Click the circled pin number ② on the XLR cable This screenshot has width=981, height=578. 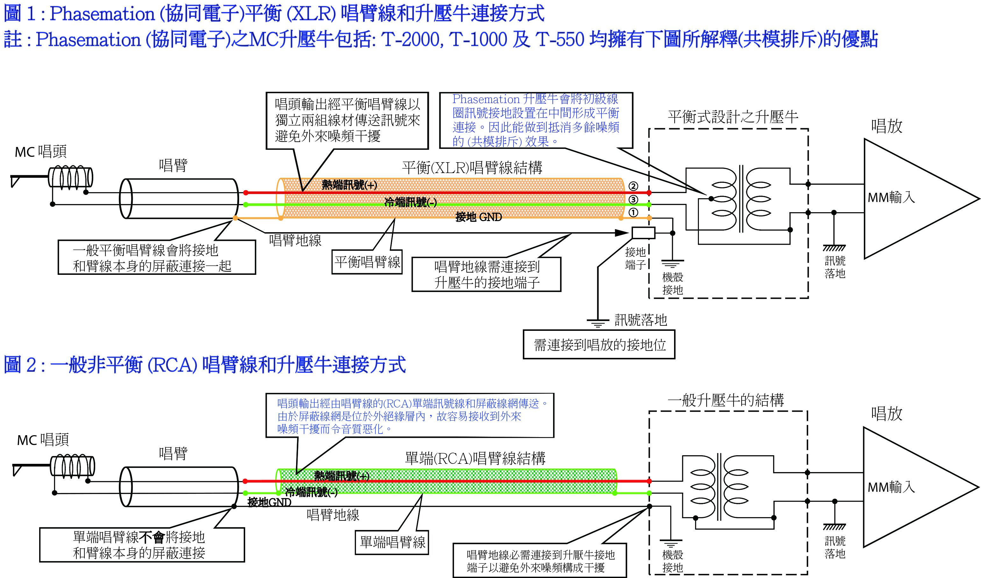coord(633,186)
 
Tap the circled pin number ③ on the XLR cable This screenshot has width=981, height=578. coord(633,200)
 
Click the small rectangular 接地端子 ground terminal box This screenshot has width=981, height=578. coord(643,233)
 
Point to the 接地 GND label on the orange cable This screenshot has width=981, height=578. coord(479,217)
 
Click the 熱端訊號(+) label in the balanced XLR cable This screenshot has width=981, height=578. coord(349,185)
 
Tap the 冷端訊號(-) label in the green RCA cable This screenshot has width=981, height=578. coord(311,492)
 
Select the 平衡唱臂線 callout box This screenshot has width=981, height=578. coord(367,262)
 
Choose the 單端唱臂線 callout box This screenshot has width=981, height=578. coord(392,542)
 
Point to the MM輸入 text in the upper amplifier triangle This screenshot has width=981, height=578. coord(891,198)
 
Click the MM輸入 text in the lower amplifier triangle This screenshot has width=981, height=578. coord(891,487)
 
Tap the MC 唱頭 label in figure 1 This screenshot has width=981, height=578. coord(41,151)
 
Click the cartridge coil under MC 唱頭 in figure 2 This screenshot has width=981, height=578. coord(72,466)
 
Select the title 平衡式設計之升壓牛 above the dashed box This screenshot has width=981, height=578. coord(733,117)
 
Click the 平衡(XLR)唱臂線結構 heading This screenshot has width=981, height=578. coord(472,168)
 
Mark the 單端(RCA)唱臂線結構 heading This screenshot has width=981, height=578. coord(475,458)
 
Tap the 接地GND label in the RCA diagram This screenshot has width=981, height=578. coord(269,502)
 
